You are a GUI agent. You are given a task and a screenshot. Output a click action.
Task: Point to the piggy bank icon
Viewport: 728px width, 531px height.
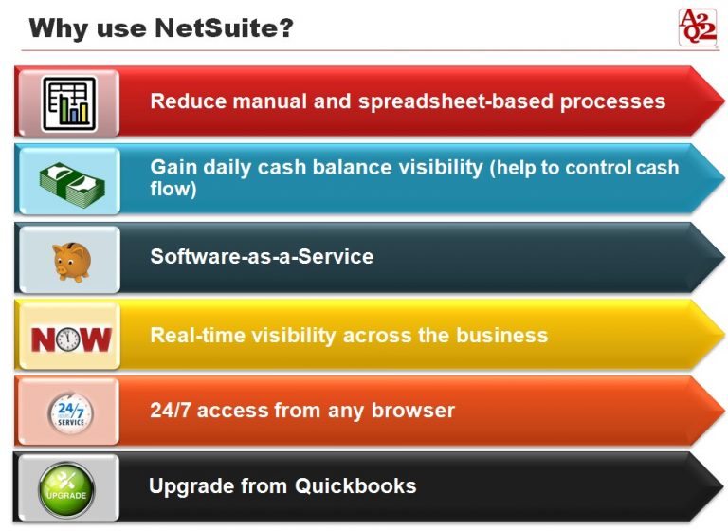tap(69, 259)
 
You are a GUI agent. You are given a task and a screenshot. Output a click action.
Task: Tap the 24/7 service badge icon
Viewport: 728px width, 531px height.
tap(69, 412)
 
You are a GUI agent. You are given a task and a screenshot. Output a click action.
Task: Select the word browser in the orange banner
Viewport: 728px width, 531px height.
tap(414, 411)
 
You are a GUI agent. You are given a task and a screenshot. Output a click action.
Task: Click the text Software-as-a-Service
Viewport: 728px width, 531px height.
tap(262, 257)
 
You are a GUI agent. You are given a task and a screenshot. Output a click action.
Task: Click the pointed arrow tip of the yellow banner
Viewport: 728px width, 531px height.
tap(720, 336)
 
